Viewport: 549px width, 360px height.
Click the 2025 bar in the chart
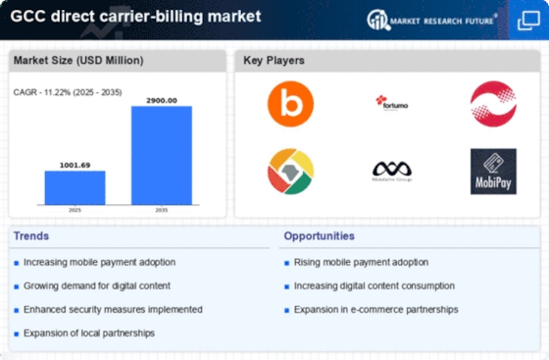pos(75,186)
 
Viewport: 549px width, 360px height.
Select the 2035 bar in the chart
pos(162,154)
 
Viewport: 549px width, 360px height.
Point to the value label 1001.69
pos(75,164)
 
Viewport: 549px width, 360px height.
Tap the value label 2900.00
pos(162,100)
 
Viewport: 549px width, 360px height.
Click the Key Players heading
pos(274,61)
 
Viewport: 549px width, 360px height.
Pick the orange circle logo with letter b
pos(290,104)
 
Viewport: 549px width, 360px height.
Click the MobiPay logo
pos(493,171)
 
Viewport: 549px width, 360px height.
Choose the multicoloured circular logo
pos(290,171)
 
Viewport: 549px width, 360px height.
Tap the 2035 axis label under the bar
pos(162,210)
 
